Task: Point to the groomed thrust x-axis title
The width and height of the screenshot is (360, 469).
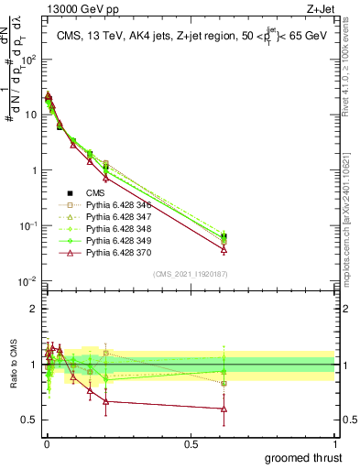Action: tap(303, 457)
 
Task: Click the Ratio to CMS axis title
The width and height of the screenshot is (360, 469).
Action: tap(12, 366)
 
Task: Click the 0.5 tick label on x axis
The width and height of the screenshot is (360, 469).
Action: tap(191, 443)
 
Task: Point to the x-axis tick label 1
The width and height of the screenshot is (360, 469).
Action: tap(335, 443)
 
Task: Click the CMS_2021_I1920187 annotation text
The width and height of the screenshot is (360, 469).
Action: tap(190, 274)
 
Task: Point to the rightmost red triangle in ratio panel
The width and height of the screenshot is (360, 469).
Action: tap(224, 409)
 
